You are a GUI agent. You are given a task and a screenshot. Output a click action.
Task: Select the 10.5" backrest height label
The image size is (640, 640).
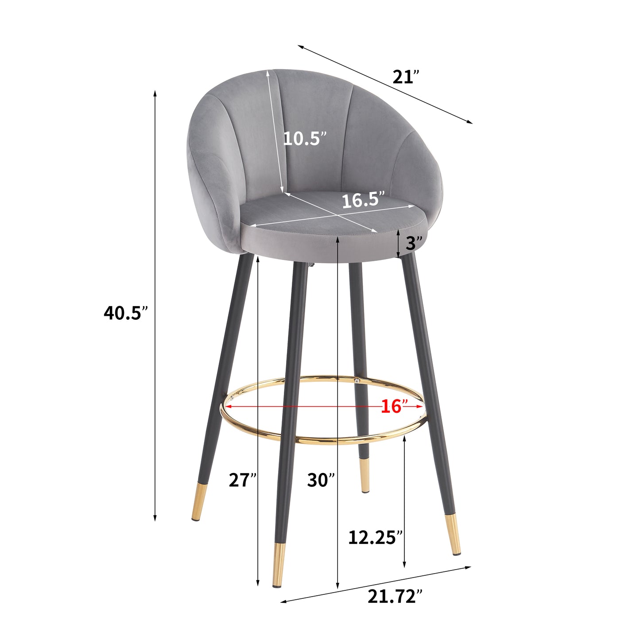click(x=305, y=139)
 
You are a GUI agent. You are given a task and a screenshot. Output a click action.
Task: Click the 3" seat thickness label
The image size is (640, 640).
click(x=414, y=243)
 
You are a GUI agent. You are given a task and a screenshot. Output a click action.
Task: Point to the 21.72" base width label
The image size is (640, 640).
click(x=392, y=597)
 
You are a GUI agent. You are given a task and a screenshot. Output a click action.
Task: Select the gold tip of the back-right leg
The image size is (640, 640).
click(x=364, y=475)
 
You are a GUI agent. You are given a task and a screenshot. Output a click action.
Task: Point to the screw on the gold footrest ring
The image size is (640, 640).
click(x=356, y=380)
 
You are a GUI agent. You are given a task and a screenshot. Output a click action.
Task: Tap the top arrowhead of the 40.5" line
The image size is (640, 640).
click(x=155, y=93)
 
